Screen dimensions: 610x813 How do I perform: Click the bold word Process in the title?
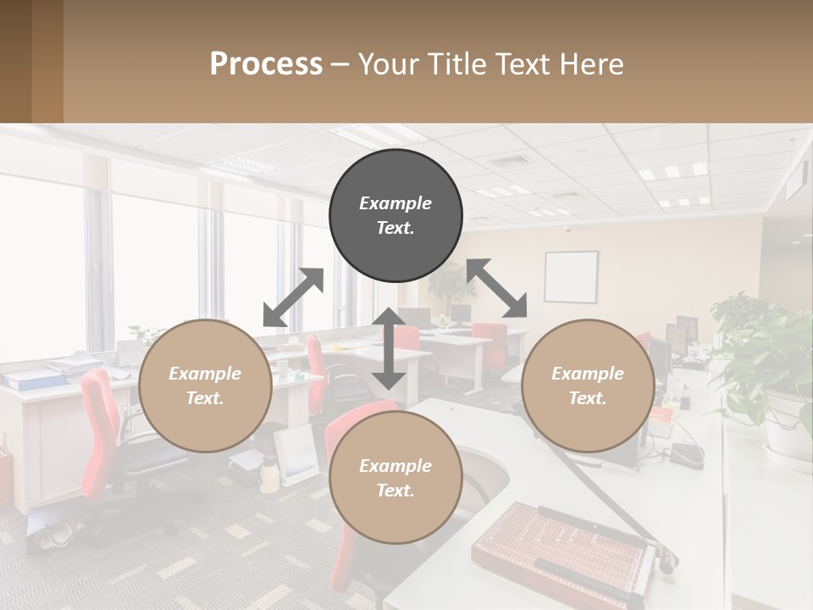[x=266, y=64]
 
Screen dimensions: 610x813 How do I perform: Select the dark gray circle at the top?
[x=395, y=215]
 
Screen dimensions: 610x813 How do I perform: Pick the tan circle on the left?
[x=205, y=385]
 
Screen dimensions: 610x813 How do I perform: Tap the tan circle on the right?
[x=587, y=385]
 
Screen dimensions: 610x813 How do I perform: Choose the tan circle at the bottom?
[x=395, y=478]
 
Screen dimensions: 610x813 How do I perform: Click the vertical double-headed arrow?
[x=389, y=348]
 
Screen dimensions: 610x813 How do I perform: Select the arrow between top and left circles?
[x=293, y=297]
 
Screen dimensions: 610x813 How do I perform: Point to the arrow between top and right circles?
[x=497, y=288]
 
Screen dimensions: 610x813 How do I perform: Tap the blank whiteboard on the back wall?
[x=571, y=277]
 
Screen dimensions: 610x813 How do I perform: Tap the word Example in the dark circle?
[x=395, y=203]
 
